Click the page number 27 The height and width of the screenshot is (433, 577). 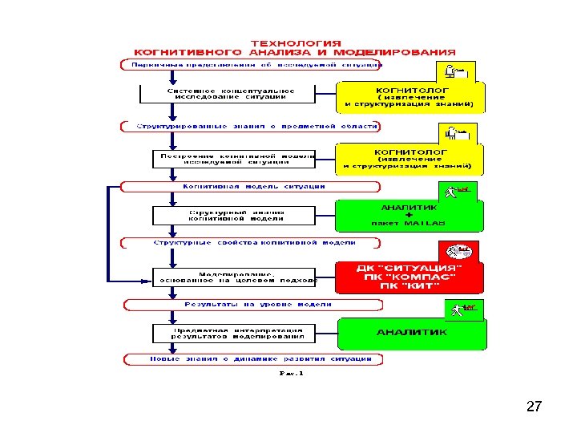coord(534,407)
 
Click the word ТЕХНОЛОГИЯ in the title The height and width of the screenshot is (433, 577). coord(296,43)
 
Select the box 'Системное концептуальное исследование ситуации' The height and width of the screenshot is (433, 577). coord(230,95)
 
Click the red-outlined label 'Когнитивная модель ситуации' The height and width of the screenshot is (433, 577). coord(253,186)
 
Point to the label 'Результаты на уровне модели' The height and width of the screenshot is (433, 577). coord(256,305)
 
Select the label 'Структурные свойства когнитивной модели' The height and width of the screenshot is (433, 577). coord(254,242)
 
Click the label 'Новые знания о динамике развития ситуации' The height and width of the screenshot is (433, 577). coord(250,359)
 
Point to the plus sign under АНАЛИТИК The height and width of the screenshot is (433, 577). coord(408,215)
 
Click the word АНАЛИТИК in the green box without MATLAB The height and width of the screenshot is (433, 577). coord(411,331)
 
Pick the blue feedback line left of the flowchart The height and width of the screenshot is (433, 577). coord(110,233)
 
